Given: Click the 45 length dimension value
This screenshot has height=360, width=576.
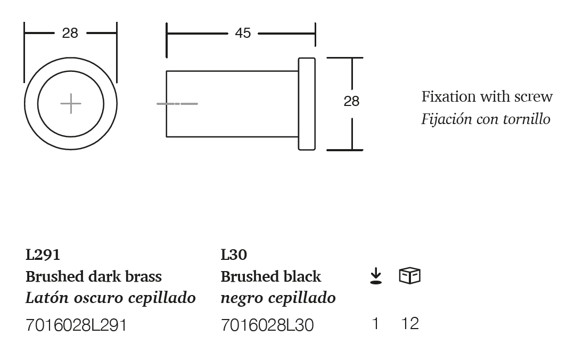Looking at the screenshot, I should [x=243, y=33].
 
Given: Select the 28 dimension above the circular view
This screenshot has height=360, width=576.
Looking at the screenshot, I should [x=70, y=33].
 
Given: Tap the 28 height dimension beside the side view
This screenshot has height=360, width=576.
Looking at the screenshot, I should [x=351, y=101].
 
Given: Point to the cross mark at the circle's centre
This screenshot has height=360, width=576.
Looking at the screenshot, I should [x=70, y=103].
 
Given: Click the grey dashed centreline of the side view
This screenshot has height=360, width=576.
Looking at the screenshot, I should [x=177, y=103].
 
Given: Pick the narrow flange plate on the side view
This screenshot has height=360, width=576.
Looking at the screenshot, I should [x=307, y=104].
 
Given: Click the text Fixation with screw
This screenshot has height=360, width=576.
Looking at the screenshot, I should [x=487, y=97].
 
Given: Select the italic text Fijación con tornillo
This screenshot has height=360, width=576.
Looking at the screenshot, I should [x=486, y=119].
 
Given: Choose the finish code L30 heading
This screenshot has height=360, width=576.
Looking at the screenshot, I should [x=234, y=255].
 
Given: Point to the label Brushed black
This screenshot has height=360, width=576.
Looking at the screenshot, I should [x=271, y=277].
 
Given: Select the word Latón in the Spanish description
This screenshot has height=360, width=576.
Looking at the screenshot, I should [x=42, y=298].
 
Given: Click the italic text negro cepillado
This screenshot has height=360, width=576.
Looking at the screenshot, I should [x=278, y=298].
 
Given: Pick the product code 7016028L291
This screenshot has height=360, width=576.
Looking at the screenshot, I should [x=76, y=325].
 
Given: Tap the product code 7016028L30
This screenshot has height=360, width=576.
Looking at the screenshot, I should [x=267, y=325].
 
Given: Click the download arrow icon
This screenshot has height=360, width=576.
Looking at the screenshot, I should [x=376, y=276].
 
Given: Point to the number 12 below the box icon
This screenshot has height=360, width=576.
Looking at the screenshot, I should [x=410, y=323].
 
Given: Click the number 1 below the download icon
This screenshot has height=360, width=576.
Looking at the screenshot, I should [x=375, y=323].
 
